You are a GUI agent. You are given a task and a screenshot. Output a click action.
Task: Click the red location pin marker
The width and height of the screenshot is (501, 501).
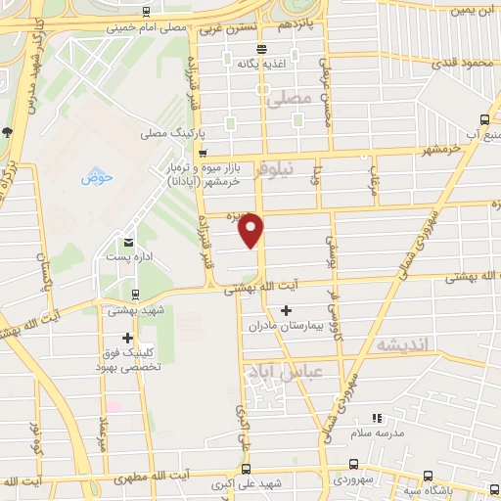point(251,230)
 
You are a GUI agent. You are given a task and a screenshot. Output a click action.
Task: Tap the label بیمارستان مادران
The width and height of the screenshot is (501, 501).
point(285,325)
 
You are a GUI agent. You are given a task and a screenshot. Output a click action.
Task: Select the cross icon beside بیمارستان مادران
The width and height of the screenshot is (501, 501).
point(286,311)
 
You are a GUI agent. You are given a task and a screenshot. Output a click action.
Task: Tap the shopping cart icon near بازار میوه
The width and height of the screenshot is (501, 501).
point(203,153)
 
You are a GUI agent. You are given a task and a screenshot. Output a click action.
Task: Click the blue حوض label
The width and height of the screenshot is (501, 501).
point(98,177)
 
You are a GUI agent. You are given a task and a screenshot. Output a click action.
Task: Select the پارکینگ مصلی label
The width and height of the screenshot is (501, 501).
point(167,133)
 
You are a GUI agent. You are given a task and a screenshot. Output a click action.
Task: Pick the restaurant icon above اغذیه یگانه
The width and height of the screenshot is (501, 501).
point(260,49)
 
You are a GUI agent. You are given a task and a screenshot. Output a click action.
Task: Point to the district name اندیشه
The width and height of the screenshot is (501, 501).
point(401,344)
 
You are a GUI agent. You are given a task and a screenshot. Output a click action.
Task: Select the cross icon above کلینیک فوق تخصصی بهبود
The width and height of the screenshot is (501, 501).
point(127,338)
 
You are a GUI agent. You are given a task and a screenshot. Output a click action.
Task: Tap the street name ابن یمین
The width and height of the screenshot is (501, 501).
point(475,11)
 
